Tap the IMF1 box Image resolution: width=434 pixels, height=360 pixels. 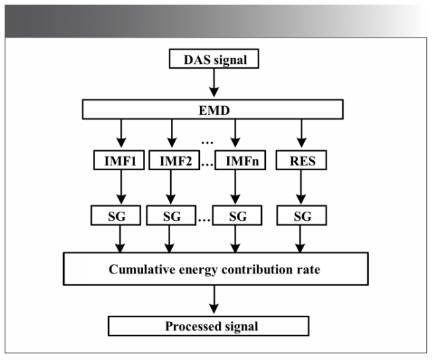(120, 160)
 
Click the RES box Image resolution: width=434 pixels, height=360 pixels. (300, 160)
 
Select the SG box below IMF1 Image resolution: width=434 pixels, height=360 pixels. (120, 215)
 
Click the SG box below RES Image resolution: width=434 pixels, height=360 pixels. (300, 215)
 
